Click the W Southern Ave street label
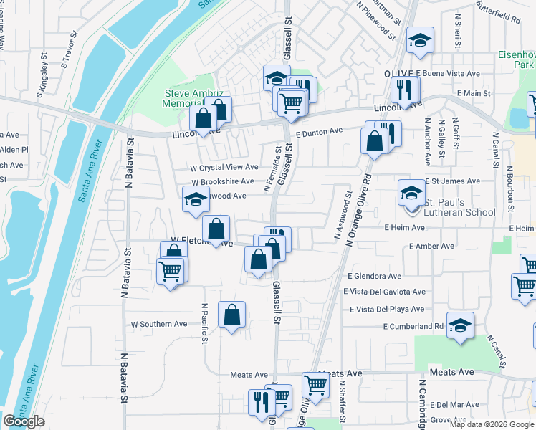(x=158, y=324)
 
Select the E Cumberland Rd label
(x=413, y=326)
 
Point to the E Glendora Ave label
(x=374, y=276)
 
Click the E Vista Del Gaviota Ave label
(x=384, y=292)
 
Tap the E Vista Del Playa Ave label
(x=387, y=309)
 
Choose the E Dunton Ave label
(x=320, y=131)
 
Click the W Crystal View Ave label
(x=224, y=167)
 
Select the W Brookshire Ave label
(x=222, y=182)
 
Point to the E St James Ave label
(x=453, y=181)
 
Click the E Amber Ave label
(x=431, y=246)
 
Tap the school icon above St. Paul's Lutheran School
(x=411, y=192)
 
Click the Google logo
(x=24, y=421)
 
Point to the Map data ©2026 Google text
(x=492, y=424)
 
